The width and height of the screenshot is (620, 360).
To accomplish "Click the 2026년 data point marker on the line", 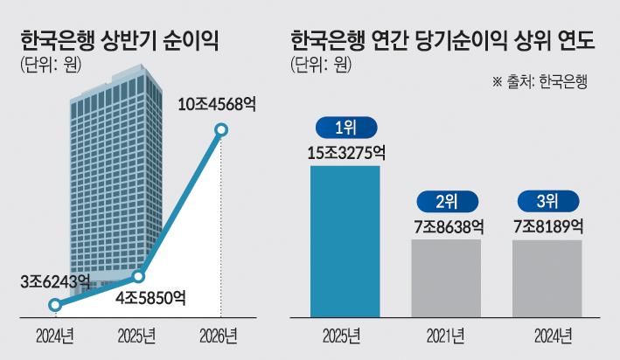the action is (x=221, y=129).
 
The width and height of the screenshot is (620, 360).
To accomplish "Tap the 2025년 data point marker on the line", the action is (x=138, y=277).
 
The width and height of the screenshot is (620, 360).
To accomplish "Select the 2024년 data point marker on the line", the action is (x=55, y=305).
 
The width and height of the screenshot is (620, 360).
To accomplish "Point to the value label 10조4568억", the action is (x=217, y=105).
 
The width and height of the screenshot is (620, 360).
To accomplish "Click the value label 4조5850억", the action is (x=150, y=298).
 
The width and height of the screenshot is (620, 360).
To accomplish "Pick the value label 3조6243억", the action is (x=55, y=281).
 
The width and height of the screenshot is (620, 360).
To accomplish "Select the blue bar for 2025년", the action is (x=345, y=241).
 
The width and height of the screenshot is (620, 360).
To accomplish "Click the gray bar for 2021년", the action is (x=446, y=278).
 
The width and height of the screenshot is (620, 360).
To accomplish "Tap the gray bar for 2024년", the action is (x=547, y=279).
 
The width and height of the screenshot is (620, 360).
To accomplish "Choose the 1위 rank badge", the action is (x=346, y=128).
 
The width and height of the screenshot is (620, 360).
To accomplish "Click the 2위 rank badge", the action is (x=447, y=202).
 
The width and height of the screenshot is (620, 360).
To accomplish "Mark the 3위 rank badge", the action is (x=548, y=202).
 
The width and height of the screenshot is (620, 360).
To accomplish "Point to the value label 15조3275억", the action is (x=346, y=153).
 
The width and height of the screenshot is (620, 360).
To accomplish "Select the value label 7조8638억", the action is (x=449, y=227).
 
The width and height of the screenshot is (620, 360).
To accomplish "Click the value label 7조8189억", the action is (x=548, y=227).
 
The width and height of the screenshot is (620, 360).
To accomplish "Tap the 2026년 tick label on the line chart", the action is (x=219, y=336).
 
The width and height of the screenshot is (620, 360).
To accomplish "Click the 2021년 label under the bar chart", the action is (x=446, y=336).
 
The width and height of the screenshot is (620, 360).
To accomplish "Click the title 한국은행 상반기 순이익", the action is (x=120, y=40).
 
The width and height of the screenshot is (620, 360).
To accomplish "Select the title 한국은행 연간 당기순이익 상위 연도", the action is (x=442, y=40).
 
